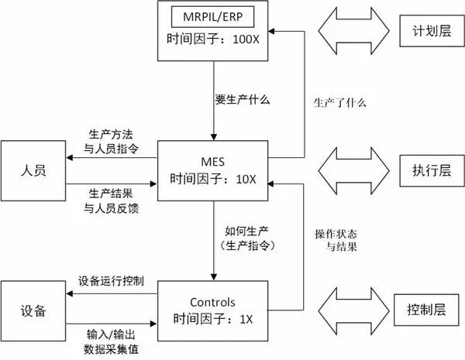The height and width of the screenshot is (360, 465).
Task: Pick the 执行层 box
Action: [426, 167]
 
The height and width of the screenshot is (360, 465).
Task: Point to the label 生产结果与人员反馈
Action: [110, 198]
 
